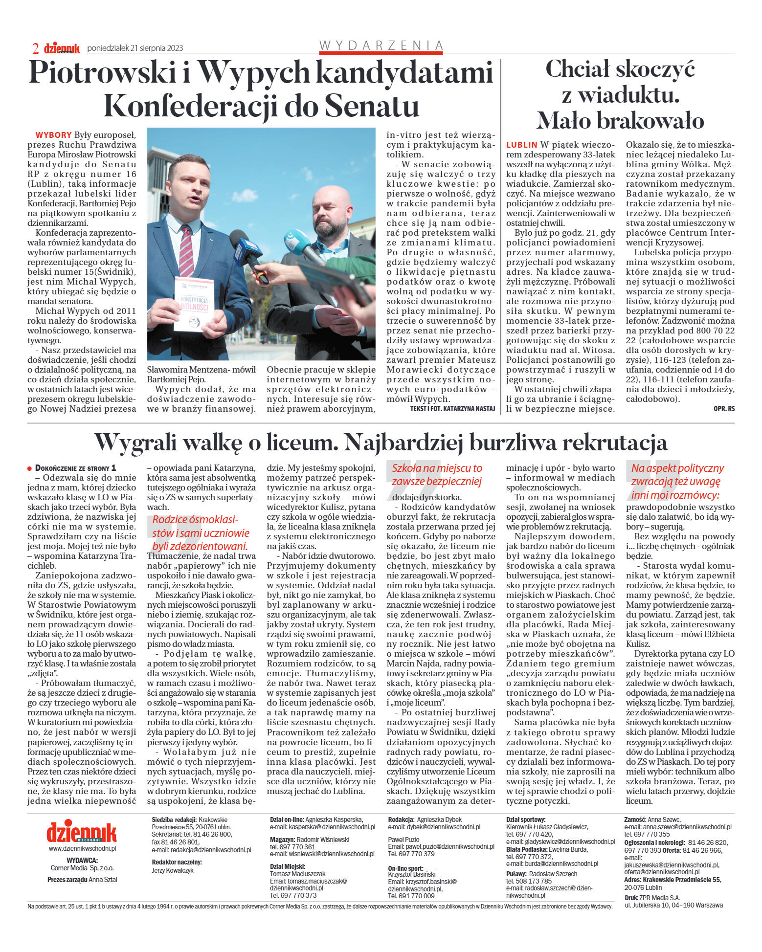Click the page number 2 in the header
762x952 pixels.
(36, 48)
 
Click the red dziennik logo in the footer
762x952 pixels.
(82, 833)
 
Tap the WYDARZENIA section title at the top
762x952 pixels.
(381, 45)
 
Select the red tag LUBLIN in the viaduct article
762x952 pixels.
(521, 145)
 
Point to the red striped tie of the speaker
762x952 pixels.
(186, 249)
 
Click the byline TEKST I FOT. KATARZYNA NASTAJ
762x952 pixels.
(452, 408)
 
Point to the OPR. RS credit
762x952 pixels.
(724, 408)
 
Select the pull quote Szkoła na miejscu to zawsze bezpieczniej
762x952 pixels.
(436, 475)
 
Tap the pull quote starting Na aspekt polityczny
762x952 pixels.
(677, 481)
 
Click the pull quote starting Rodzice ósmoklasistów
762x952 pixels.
(201, 533)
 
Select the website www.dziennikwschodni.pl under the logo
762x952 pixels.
(82, 849)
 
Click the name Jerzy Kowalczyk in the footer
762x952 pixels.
(173, 870)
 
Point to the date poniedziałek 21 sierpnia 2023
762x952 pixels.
(135, 48)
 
